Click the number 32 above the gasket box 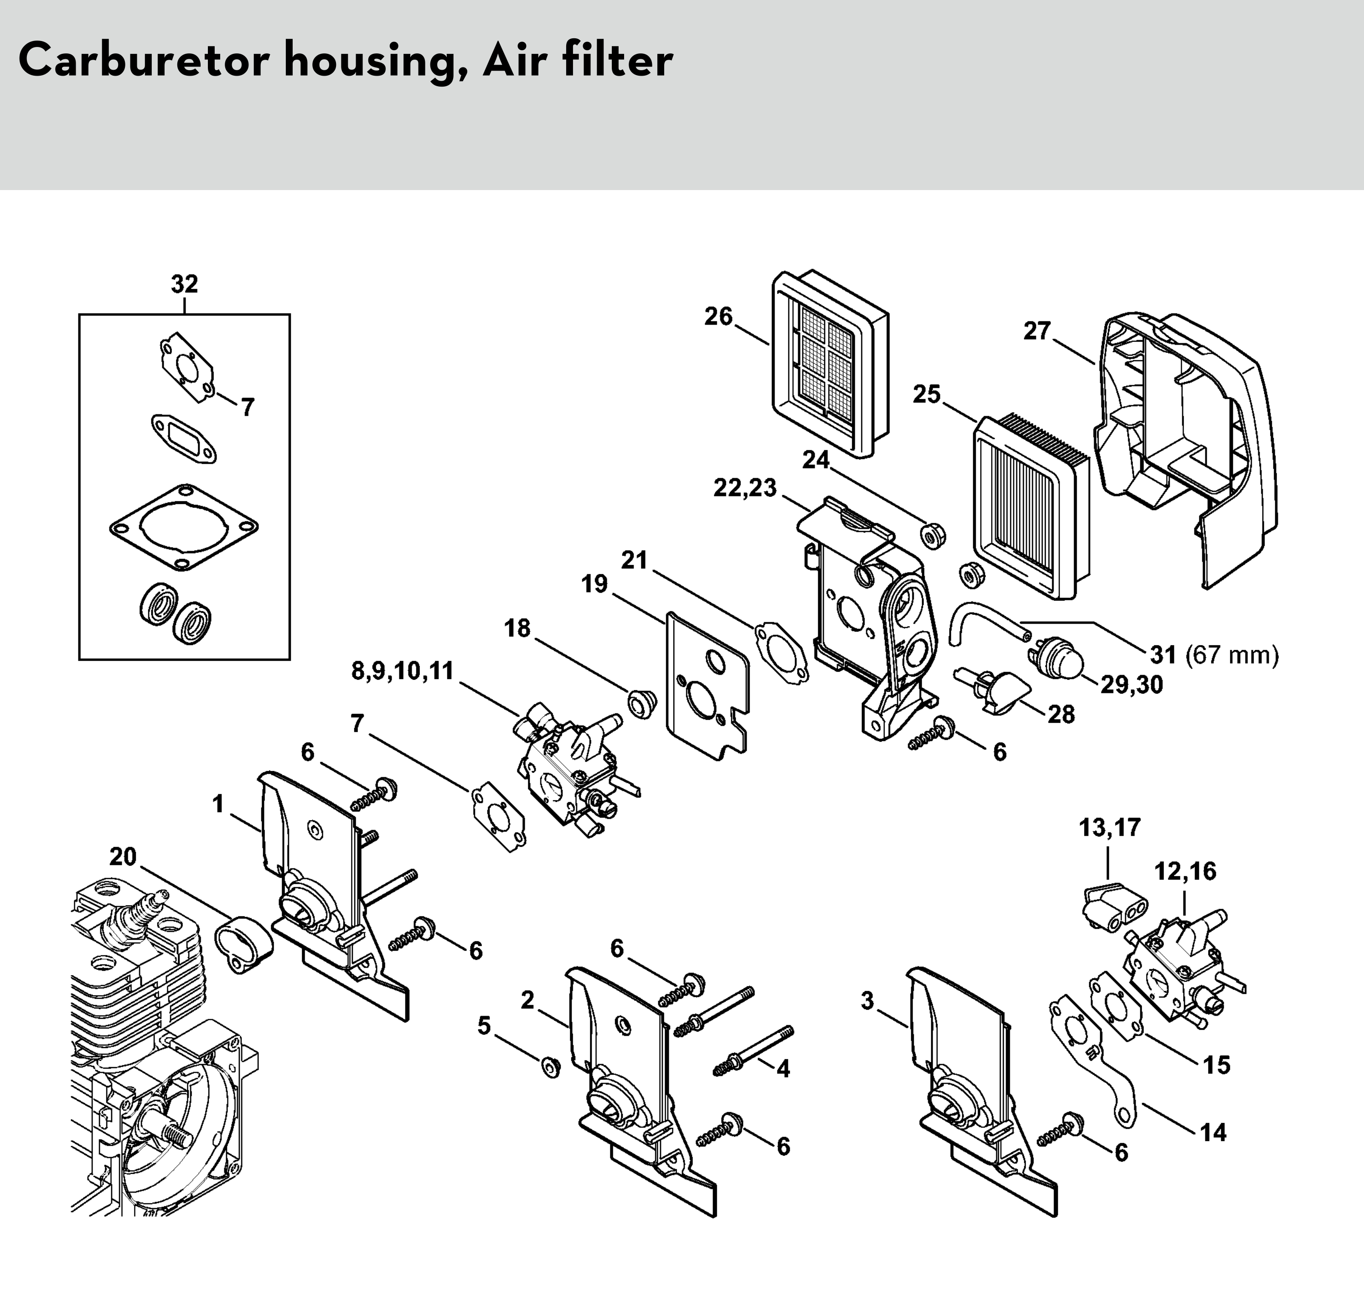click(x=185, y=284)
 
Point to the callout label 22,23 click(x=744, y=488)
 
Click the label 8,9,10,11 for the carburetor click(x=403, y=670)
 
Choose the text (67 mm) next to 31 click(x=1232, y=655)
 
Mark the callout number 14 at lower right click(x=1213, y=1132)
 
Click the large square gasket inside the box click(x=184, y=528)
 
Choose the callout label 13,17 click(x=1109, y=827)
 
